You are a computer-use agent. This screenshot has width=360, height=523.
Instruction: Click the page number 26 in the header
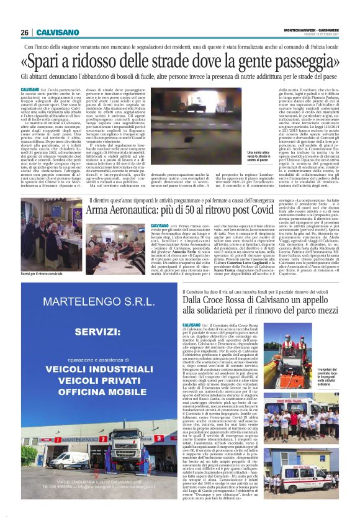[x=25, y=32]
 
